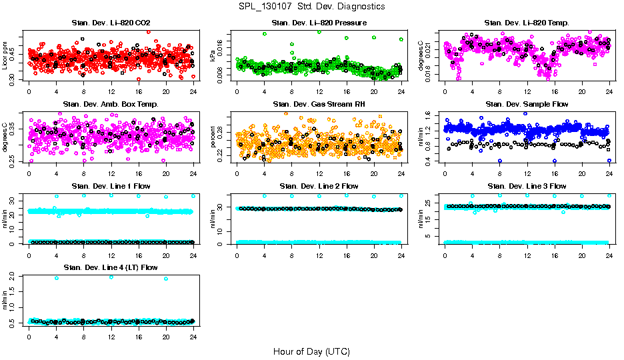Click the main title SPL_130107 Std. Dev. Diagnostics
[311, 6]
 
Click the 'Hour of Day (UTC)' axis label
[311, 351]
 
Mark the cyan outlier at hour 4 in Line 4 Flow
[56, 278]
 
